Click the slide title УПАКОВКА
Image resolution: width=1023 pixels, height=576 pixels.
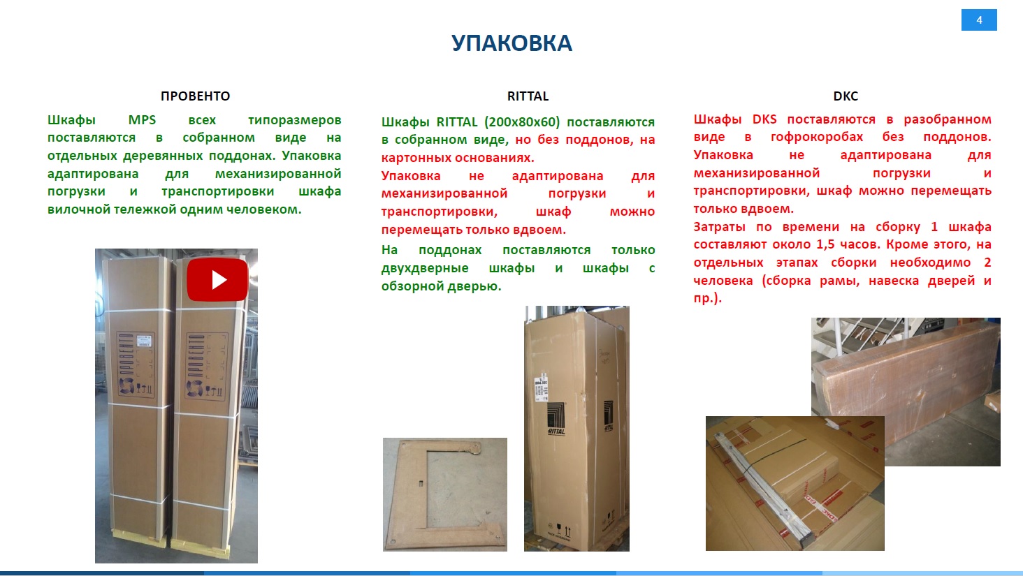[511, 43]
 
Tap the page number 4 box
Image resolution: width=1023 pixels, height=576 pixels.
[979, 20]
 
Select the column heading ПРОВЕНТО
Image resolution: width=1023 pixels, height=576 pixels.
[195, 96]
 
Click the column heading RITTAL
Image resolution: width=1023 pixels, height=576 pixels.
[528, 96]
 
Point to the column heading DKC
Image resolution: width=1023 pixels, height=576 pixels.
[846, 96]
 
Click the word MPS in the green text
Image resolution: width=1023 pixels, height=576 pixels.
[142, 120]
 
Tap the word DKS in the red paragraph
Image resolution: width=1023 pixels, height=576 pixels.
[764, 119]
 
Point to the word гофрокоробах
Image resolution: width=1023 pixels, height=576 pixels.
[817, 137]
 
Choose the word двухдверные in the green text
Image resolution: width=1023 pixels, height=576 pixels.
[425, 268]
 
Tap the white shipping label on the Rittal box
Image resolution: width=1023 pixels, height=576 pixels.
[541, 389]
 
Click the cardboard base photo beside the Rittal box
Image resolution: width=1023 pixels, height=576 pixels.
[445, 494]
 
